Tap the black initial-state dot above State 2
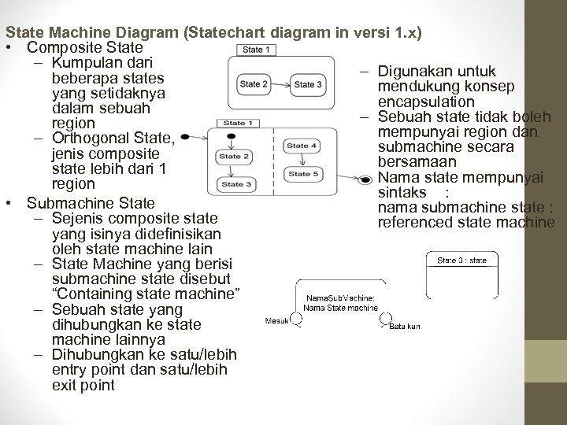click(230, 137)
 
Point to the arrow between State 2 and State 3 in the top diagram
click(281, 85)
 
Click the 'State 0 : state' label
click(461, 260)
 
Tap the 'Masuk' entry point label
click(276, 321)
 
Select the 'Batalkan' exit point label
click(405, 326)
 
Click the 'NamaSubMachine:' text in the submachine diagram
click(341, 297)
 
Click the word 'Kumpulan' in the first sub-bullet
click(84, 62)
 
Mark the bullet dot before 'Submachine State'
click(9, 203)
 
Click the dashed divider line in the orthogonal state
click(271, 157)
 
